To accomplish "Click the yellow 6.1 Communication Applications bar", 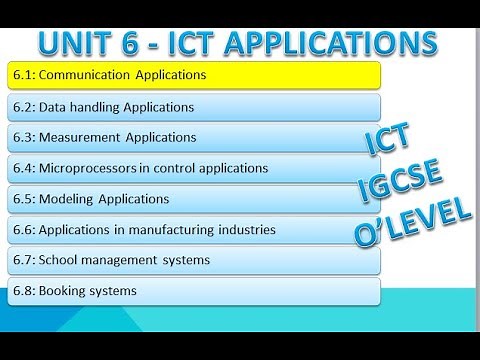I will click(195, 75).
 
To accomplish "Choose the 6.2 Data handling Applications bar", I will click(195, 106).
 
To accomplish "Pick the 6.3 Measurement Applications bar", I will click(195, 137).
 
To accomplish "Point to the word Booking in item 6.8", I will click(63, 291).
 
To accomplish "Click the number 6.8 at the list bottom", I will click(23, 291).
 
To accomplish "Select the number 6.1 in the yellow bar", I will click(23, 75).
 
